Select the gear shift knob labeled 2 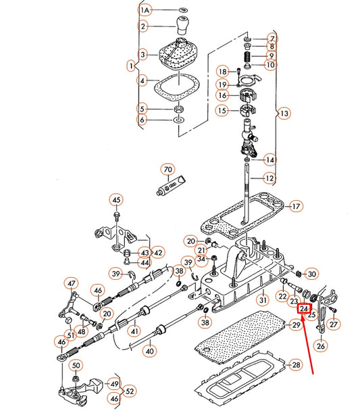[182, 26]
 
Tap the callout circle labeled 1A [145, 11]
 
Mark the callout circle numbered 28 [295, 365]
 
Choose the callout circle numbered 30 [311, 274]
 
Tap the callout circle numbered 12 [269, 178]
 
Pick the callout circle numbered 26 [321, 346]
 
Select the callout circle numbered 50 [76, 366]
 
